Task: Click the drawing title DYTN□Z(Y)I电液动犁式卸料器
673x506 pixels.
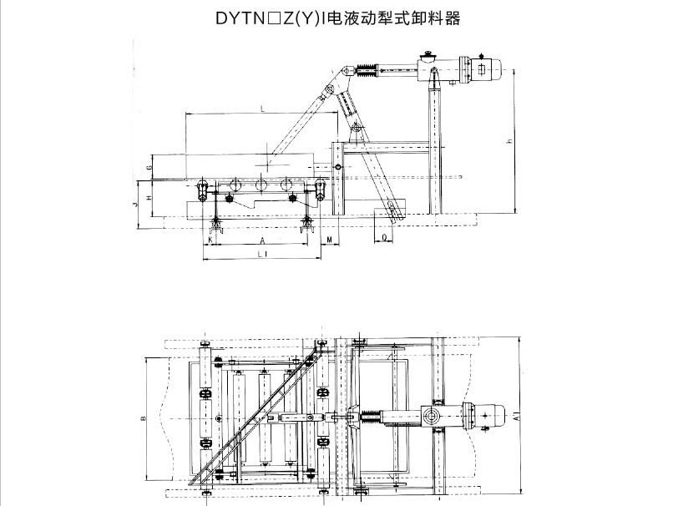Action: point(336,16)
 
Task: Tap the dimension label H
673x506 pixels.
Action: point(148,197)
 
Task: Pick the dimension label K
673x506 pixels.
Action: point(210,240)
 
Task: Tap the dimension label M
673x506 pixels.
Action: point(331,240)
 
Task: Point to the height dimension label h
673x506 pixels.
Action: point(509,143)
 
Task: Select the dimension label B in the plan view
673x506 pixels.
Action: point(143,415)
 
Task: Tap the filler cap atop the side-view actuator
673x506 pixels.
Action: point(428,56)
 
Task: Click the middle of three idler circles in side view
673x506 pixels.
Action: point(261,186)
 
